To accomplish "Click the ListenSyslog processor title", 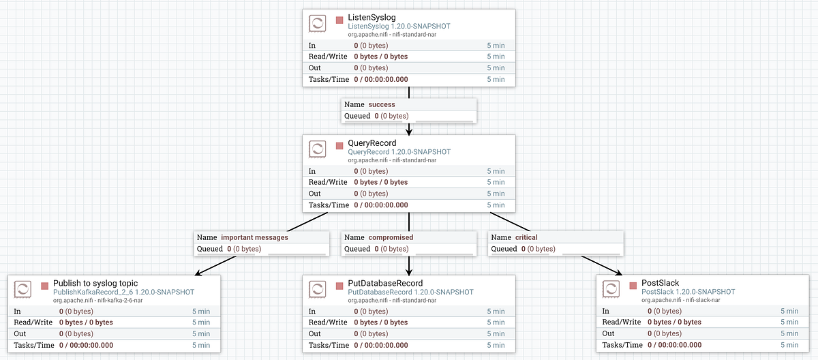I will pos(373,18).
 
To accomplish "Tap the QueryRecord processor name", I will pos(372,143).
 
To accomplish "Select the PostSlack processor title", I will pos(659,283).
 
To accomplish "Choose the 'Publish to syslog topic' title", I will pos(95,283).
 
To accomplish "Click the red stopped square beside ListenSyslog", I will pos(339,19).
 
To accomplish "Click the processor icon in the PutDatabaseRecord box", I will pos(317,289).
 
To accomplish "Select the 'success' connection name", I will pos(382,104).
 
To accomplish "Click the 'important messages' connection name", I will pos(254,237).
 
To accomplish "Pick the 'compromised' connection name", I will pos(391,237).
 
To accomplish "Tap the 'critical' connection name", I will pos(526,237).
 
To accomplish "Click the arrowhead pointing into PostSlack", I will pos(620,273).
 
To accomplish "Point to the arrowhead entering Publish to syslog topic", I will pos(198,274).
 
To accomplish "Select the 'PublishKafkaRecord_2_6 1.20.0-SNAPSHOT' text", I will pos(123,292).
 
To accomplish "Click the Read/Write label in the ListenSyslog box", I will pos(328,57).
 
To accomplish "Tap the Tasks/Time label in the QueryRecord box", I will pos(328,205).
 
